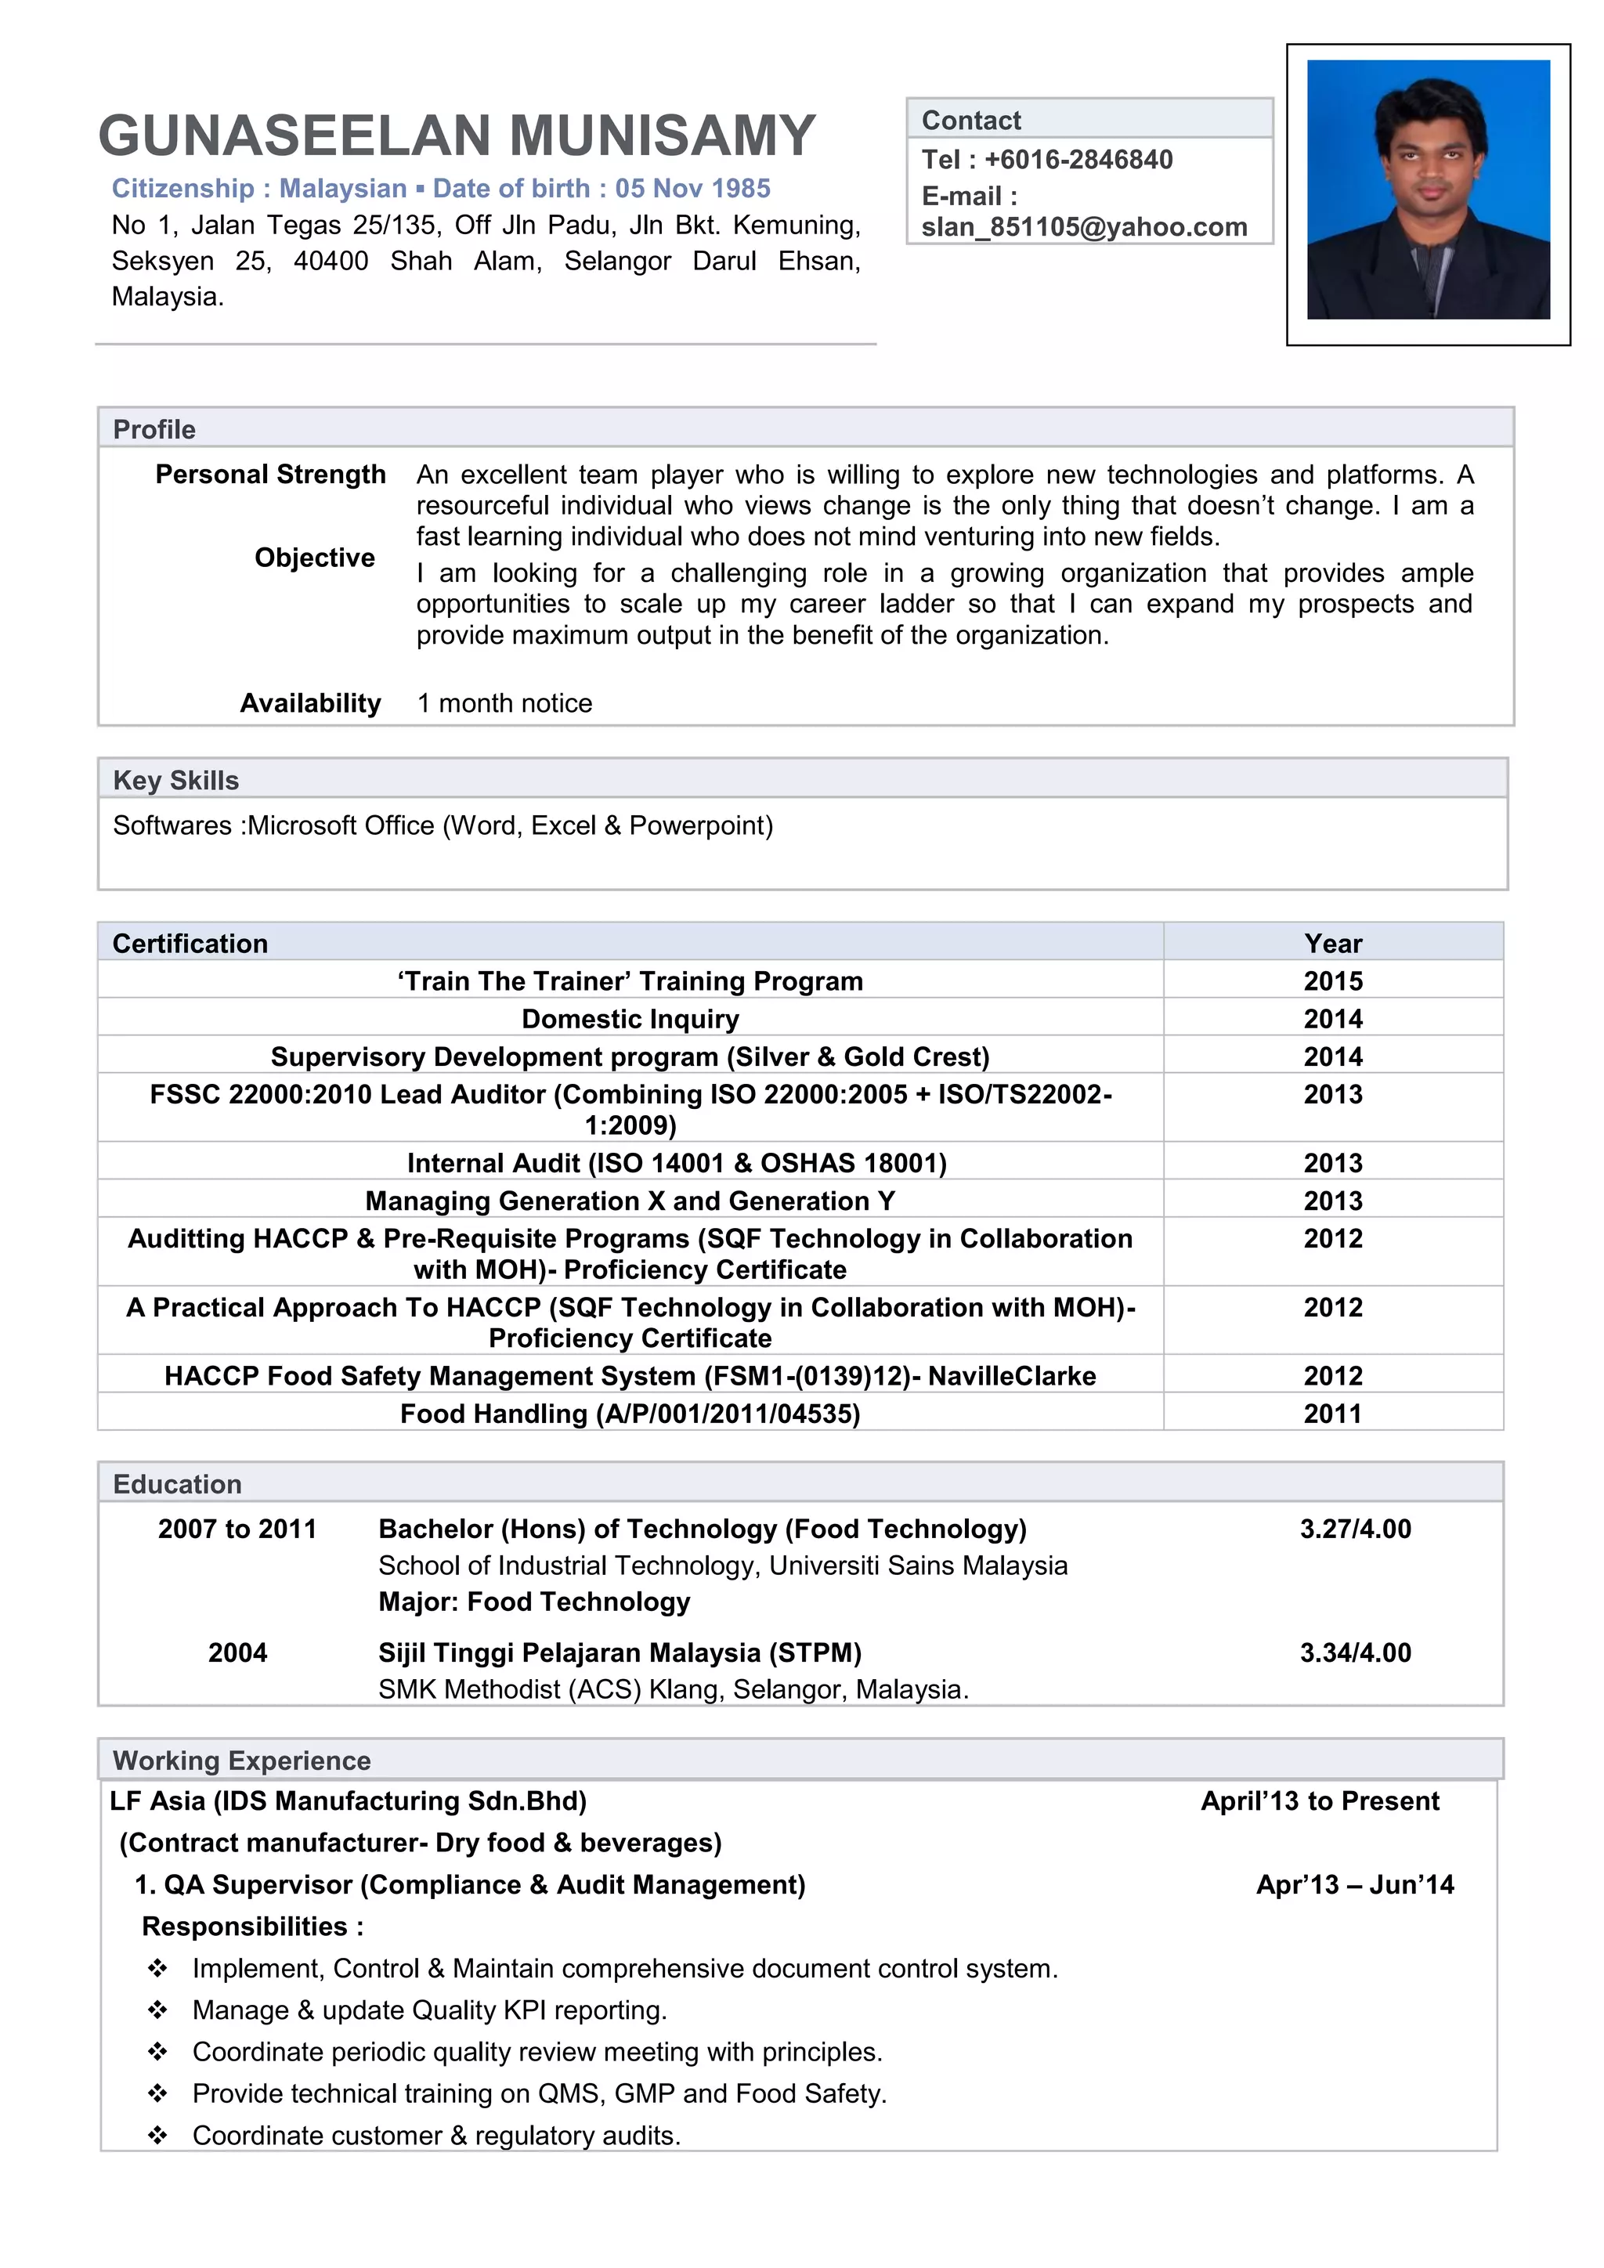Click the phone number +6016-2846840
[x=1078, y=160]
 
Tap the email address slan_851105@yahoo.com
[x=1083, y=227]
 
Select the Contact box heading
[x=971, y=121]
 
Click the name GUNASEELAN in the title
[x=294, y=136]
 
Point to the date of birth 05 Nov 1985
[x=692, y=189]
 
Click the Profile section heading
[x=154, y=430]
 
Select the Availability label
[x=310, y=703]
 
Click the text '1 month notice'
[x=504, y=703]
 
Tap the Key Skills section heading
[x=175, y=780]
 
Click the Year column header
[x=1332, y=944]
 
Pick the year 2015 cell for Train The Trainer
[x=1332, y=981]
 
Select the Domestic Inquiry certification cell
[x=630, y=1018]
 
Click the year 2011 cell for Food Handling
[x=1332, y=1414]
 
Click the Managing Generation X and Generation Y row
[x=630, y=1201]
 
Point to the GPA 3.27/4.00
[x=1355, y=1529]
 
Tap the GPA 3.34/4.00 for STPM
[x=1355, y=1652]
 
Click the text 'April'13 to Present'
[x=1320, y=1800]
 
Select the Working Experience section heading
[x=242, y=1761]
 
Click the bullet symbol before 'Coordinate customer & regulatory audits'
[x=157, y=2136]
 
